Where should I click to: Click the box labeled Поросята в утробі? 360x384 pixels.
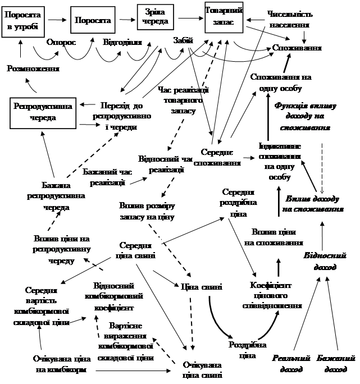pos(22,21)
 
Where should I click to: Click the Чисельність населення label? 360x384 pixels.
pos(290,19)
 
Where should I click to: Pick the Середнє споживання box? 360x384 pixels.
pos(217,157)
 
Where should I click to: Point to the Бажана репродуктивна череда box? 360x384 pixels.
pos(56,195)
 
